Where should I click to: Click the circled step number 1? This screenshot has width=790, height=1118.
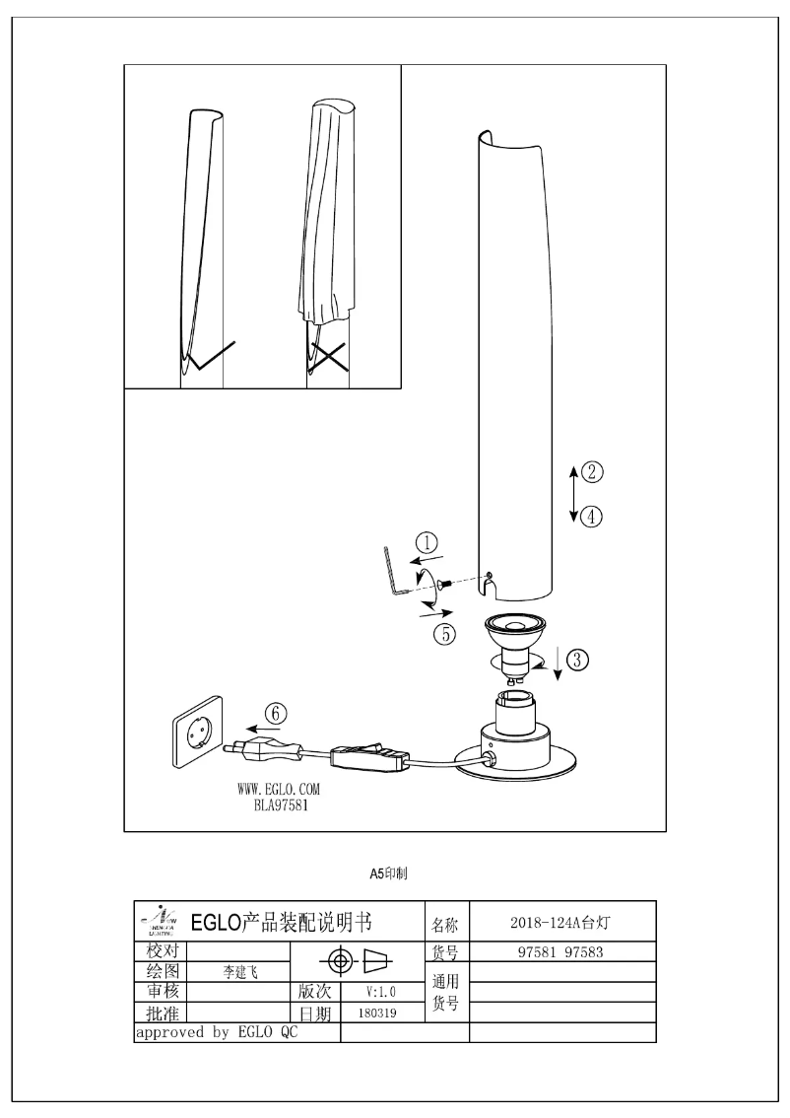[426, 541]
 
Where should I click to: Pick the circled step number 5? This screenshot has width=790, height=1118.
[446, 634]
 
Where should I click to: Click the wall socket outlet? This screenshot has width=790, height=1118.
[199, 739]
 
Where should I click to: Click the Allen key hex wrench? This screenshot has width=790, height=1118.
[394, 572]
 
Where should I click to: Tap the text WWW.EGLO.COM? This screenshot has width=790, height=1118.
[279, 790]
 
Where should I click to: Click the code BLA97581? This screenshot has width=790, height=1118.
[279, 804]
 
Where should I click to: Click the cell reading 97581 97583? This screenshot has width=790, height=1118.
[560, 951]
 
